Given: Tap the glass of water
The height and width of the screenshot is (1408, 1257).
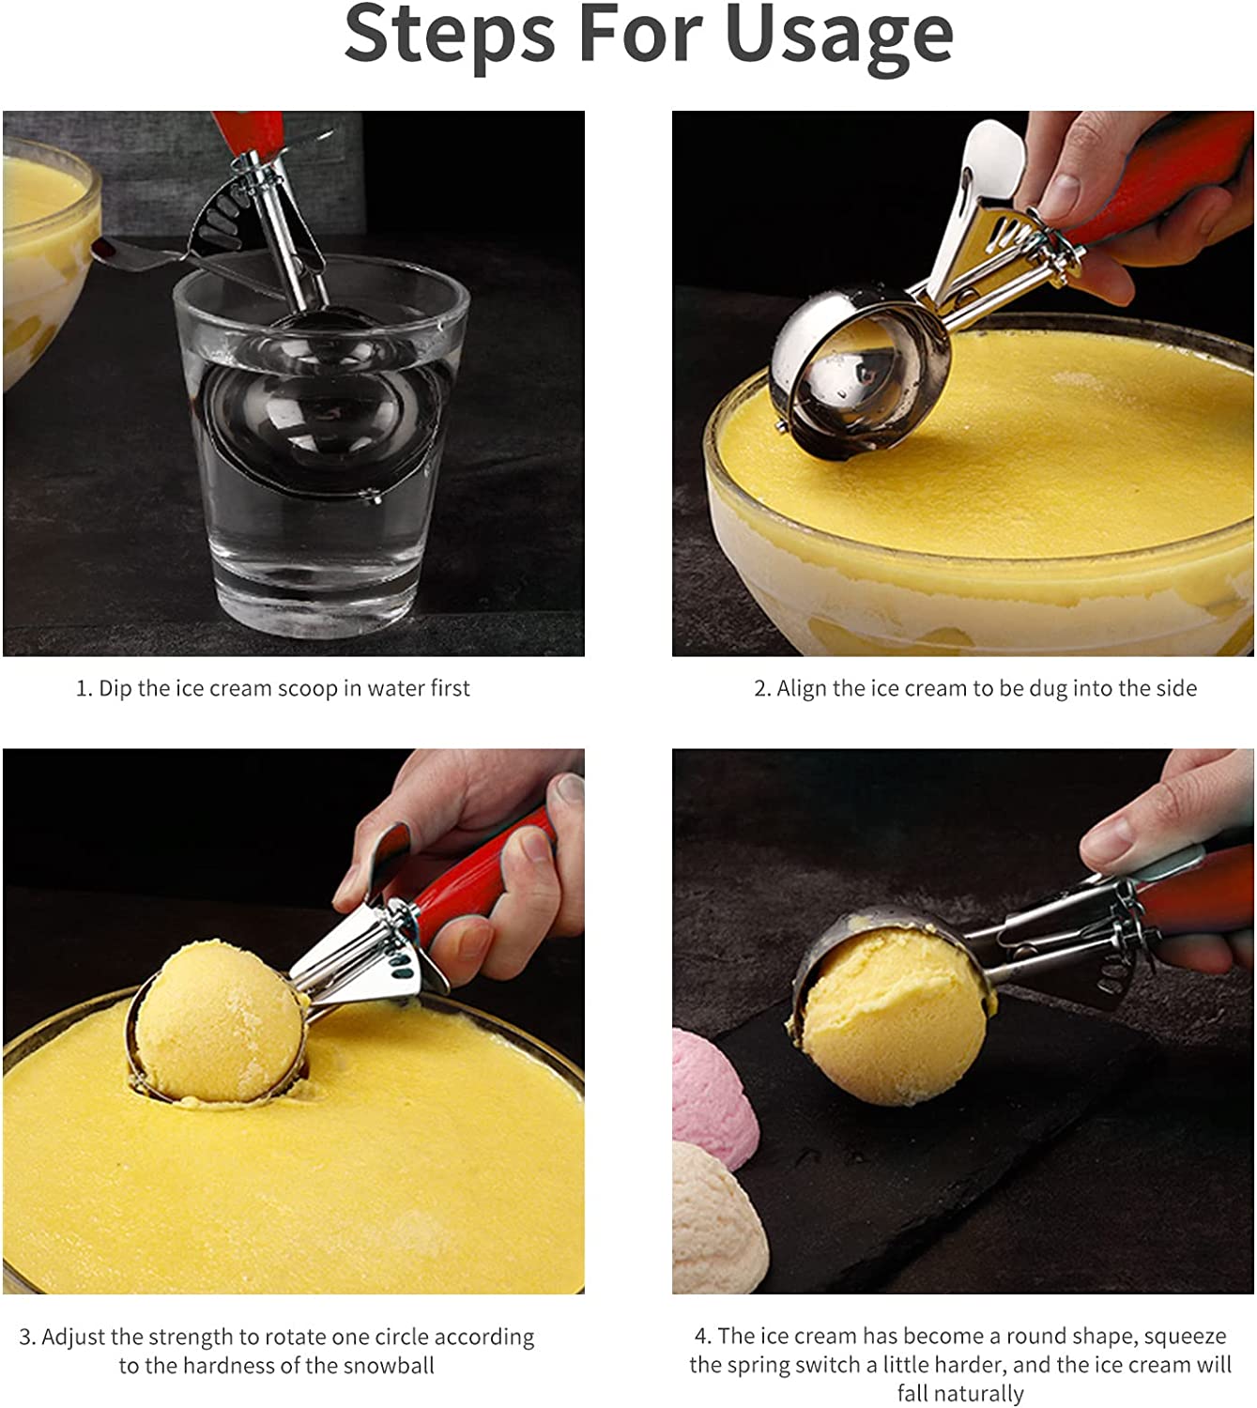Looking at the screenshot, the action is pyautogui.click(x=320, y=445).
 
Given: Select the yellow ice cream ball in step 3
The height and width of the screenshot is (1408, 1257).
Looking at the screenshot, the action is pyautogui.click(x=220, y=1022).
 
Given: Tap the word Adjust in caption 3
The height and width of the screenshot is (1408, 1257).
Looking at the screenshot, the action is pyautogui.click(x=73, y=1337).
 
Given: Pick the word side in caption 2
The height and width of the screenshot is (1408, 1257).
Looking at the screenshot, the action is pyautogui.click(x=1176, y=688).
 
